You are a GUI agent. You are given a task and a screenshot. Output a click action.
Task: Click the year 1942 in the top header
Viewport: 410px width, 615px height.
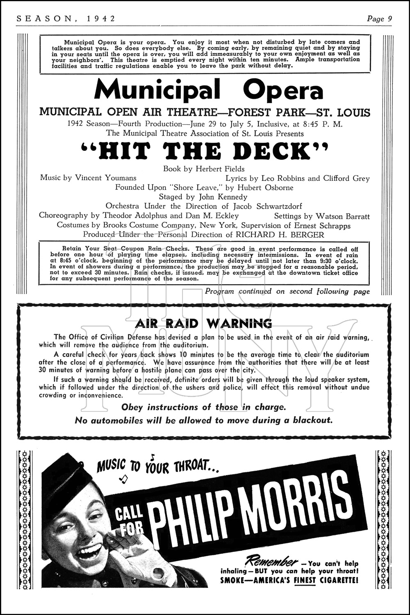click(101, 18)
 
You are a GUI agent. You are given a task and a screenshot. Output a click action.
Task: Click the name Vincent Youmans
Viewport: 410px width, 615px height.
click(105, 178)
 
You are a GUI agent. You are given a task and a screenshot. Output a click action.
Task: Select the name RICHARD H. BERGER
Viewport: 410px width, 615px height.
click(280, 235)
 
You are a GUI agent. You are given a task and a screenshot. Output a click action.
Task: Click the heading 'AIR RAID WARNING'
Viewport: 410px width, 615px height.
click(205, 323)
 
